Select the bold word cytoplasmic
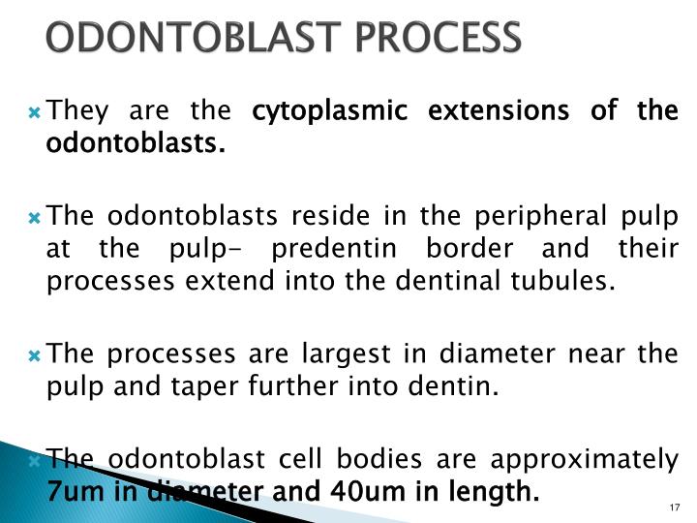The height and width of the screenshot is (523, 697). pos(318,112)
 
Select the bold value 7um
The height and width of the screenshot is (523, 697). pos(72,492)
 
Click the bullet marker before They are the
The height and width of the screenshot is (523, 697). pos(35,114)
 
